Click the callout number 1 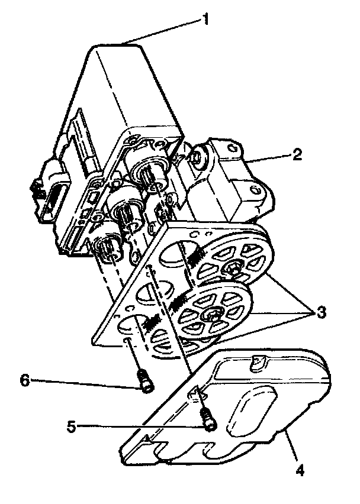click(x=205, y=19)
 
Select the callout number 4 click(x=300, y=471)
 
